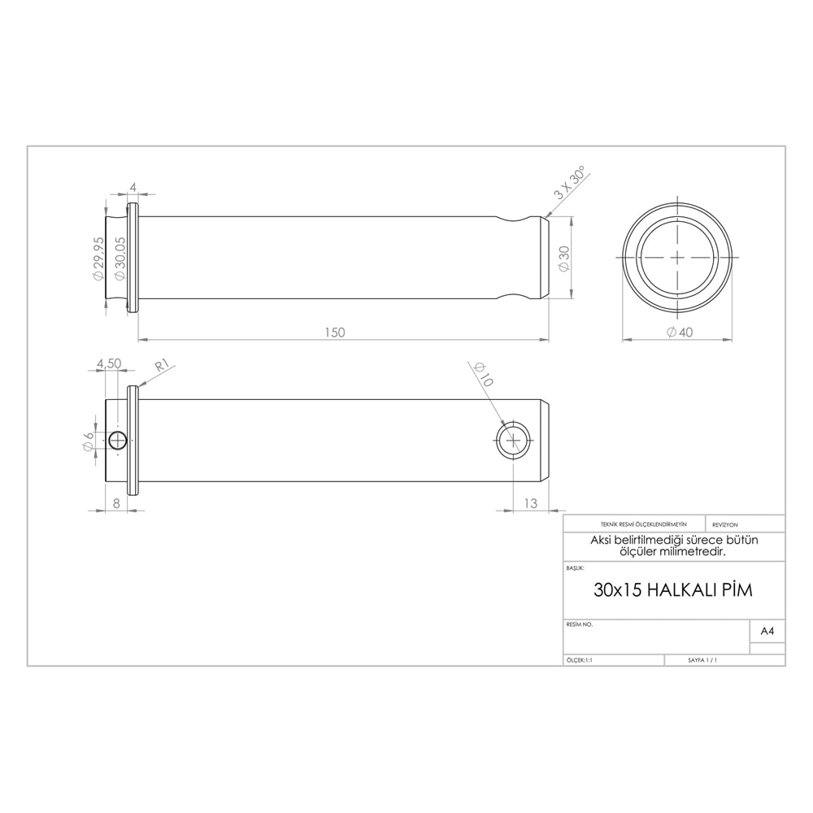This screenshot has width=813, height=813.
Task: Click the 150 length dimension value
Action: coord(334,333)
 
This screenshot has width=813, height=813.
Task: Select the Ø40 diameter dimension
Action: coord(679,333)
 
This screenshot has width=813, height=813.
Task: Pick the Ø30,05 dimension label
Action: coord(120,259)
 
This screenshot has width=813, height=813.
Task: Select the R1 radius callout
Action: coord(163,366)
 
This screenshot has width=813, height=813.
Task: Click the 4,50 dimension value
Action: coord(109,363)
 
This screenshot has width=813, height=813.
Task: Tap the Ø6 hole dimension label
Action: coord(89,440)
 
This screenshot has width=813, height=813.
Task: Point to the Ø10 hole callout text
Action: coord(483,374)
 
